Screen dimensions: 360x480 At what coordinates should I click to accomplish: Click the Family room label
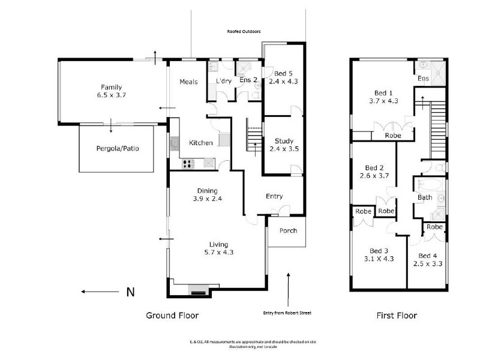click(x=112, y=86)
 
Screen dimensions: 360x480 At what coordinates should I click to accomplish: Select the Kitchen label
click(x=200, y=143)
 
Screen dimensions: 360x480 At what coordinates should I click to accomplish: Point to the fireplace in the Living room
click(x=198, y=292)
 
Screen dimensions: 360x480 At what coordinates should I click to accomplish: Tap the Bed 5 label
click(x=283, y=73)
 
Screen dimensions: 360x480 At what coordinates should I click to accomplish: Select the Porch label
click(x=288, y=230)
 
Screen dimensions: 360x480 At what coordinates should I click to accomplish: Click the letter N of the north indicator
click(x=129, y=293)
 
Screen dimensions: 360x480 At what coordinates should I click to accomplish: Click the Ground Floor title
click(x=173, y=315)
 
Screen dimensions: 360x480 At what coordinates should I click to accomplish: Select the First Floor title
click(x=397, y=315)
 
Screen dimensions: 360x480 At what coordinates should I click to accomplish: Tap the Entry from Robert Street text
click(x=287, y=313)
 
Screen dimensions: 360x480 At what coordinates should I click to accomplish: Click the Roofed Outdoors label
click(x=244, y=31)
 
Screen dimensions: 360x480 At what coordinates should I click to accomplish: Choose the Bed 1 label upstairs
click(x=383, y=93)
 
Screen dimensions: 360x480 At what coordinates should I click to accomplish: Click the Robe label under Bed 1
click(x=393, y=136)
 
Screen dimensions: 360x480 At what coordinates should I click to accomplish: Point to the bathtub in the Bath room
click(x=428, y=183)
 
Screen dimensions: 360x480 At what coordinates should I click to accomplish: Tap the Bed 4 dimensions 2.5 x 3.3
click(x=428, y=263)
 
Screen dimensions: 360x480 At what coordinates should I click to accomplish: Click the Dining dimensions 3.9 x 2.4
click(x=207, y=198)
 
